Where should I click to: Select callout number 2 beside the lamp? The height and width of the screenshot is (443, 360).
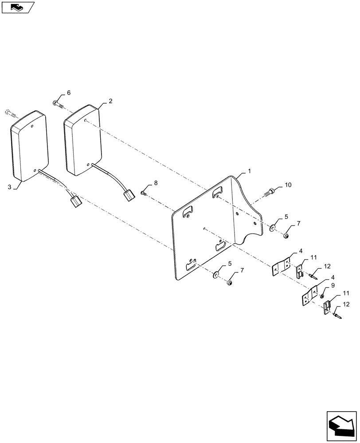[110, 101]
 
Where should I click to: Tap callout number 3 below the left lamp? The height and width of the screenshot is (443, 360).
[9, 187]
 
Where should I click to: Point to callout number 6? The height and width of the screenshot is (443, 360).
[68, 93]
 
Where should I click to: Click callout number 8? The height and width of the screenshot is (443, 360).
[156, 183]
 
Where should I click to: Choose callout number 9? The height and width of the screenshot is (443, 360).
[333, 286]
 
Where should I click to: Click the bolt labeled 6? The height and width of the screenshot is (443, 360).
[59, 105]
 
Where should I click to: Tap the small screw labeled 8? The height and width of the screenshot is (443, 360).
[143, 192]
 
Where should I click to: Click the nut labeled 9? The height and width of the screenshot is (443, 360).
[323, 295]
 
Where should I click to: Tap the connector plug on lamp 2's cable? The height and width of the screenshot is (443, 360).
[129, 195]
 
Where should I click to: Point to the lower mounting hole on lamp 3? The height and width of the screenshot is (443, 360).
[35, 169]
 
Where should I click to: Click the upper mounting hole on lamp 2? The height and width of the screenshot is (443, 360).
[84, 120]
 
